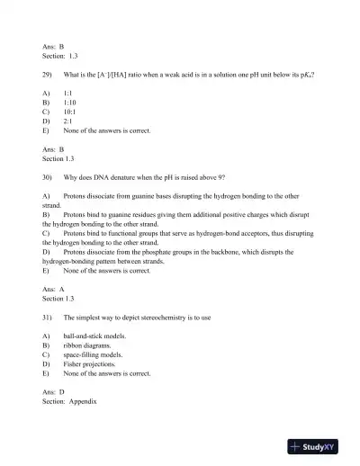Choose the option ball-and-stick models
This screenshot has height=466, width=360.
[94, 336]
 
